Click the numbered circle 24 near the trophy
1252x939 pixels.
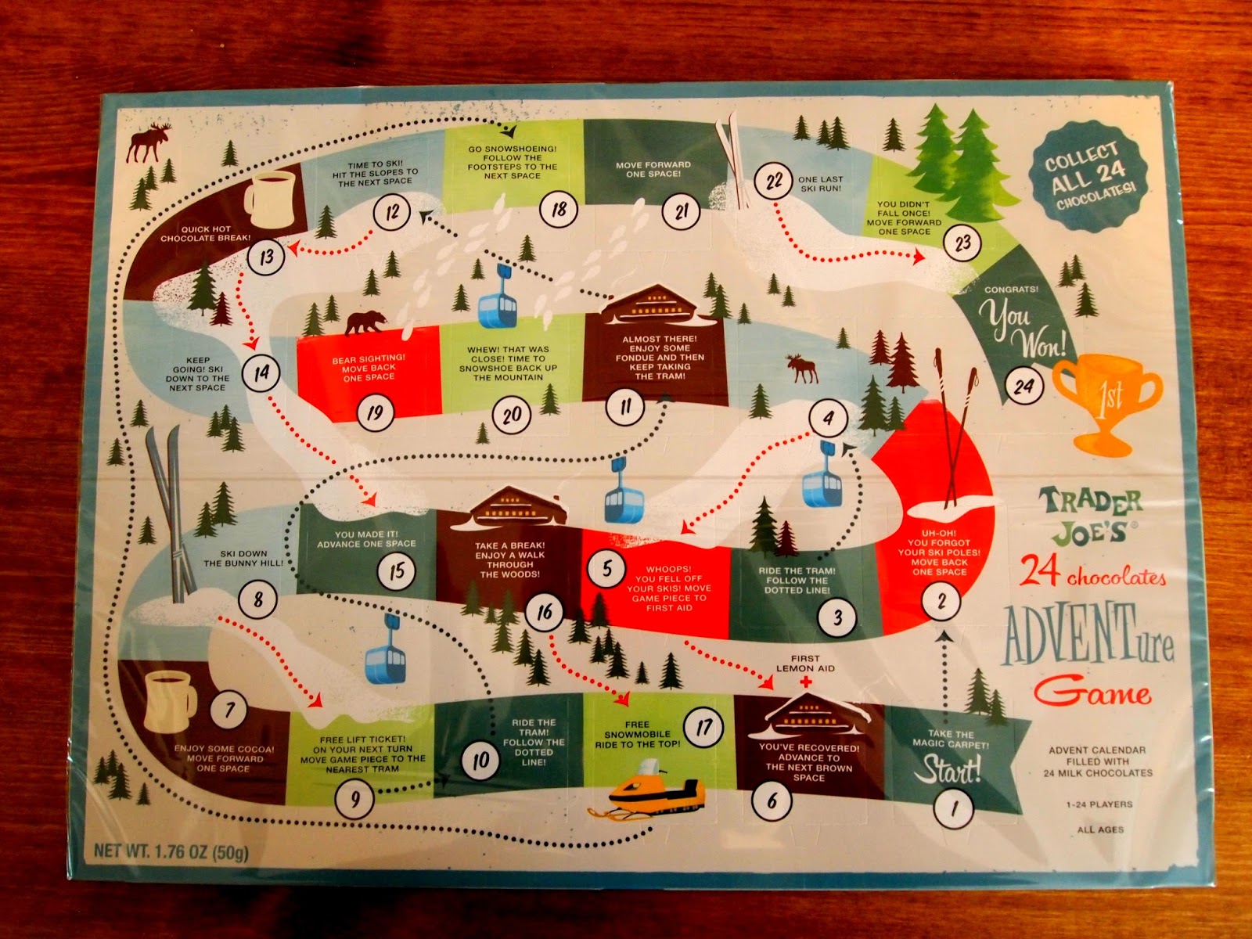point(1024,385)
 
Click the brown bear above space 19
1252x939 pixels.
point(365,322)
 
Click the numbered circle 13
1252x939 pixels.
point(267,257)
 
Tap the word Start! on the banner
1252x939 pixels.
point(948,769)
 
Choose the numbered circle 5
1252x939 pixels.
point(607,569)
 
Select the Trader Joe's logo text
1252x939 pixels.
point(1090,516)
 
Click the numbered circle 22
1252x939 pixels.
point(774,182)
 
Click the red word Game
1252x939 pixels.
point(1092,692)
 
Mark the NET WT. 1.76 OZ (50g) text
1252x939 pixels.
point(171,851)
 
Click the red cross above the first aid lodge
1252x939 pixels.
point(805,682)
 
